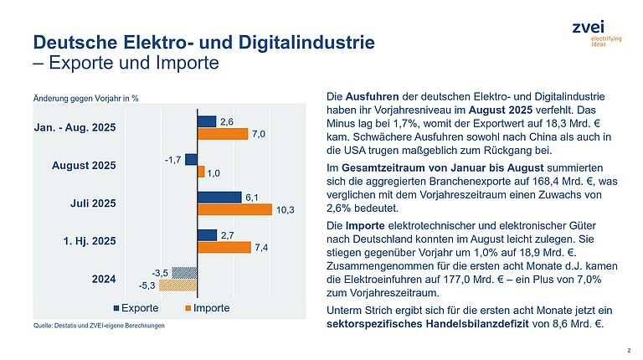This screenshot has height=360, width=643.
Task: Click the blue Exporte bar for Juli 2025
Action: (219, 197)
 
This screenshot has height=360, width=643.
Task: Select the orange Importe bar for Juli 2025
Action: (234, 209)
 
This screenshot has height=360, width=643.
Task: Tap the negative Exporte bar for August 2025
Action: (191, 159)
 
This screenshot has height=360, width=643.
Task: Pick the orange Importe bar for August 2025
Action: (201, 172)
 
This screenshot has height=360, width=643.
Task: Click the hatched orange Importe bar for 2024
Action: (177, 284)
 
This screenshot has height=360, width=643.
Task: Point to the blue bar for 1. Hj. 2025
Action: (207, 234)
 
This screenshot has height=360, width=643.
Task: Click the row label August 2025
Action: (84, 166)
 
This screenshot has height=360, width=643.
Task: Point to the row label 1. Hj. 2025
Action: (90, 240)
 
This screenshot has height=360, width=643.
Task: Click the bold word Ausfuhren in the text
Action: (370, 97)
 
